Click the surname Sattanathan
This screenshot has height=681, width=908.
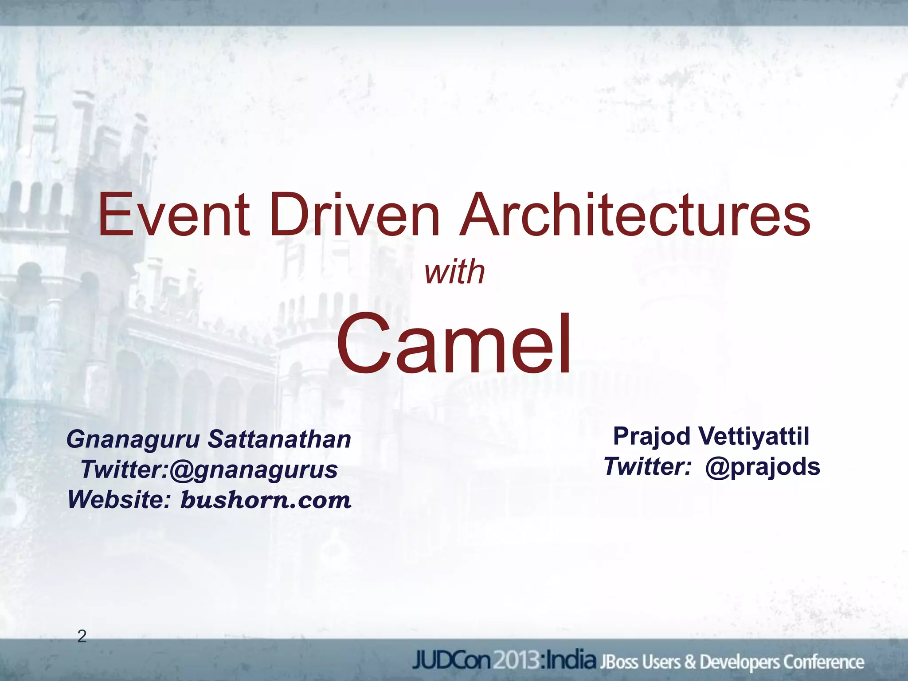click(279, 440)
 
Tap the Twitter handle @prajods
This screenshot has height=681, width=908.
click(763, 466)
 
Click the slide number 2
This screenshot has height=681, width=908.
click(82, 637)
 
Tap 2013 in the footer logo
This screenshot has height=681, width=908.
click(517, 661)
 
